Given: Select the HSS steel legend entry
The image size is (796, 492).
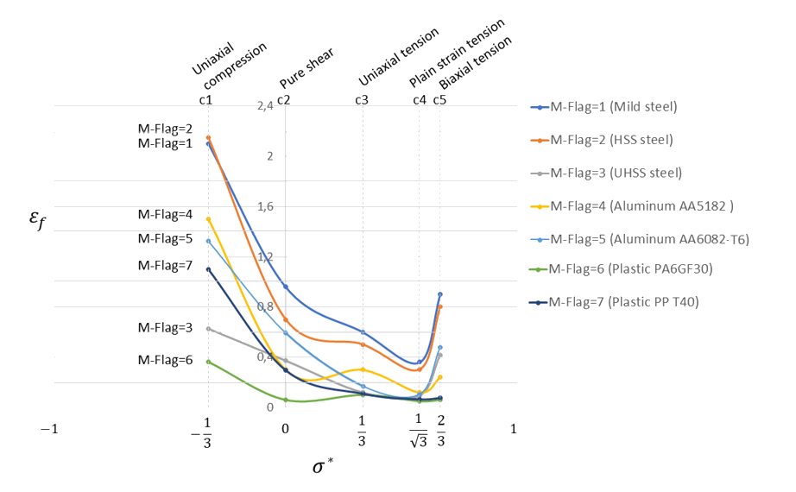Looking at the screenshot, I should [x=610, y=140].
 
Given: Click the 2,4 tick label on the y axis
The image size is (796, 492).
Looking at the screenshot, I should [x=264, y=105].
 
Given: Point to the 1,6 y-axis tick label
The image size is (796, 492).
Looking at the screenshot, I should [x=264, y=206].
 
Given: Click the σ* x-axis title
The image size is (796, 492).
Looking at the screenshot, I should [x=323, y=468].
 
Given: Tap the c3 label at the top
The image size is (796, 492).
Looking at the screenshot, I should [x=362, y=100].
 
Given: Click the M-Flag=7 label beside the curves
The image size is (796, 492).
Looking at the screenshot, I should [x=165, y=266].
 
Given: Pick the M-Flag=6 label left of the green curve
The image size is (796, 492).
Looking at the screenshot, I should [x=165, y=360].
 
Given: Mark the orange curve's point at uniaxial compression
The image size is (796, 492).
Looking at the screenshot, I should [x=208, y=137].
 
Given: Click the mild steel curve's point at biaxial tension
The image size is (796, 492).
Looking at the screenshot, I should [x=440, y=294].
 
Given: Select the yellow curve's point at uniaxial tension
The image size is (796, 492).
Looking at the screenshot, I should [x=363, y=369].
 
